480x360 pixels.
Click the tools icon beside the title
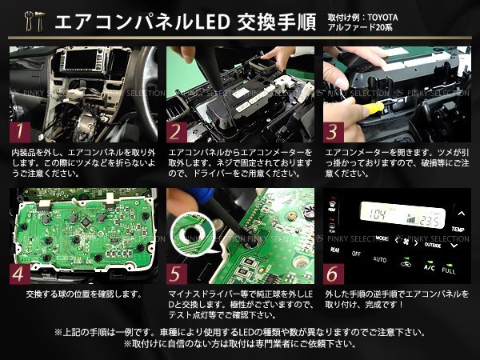[x=34, y=21]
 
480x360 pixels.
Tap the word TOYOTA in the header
[x=382, y=18]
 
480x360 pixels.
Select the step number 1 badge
[x=20, y=132]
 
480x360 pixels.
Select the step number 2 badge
[x=177, y=132]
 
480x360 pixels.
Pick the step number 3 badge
[x=334, y=132]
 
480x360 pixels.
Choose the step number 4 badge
[x=20, y=274]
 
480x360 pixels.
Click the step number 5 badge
[x=177, y=274]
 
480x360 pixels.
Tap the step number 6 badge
[x=334, y=274]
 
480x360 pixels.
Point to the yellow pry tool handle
[x=374, y=108]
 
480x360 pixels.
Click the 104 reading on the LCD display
[x=377, y=214]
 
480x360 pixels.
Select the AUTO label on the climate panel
[x=379, y=259]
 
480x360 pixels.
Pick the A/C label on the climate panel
[x=429, y=267]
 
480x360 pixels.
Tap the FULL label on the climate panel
[x=449, y=270]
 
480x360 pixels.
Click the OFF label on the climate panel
[x=356, y=254]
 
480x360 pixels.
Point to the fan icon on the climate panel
[x=406, y=242]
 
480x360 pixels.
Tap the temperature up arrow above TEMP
[x=461, y=214]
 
